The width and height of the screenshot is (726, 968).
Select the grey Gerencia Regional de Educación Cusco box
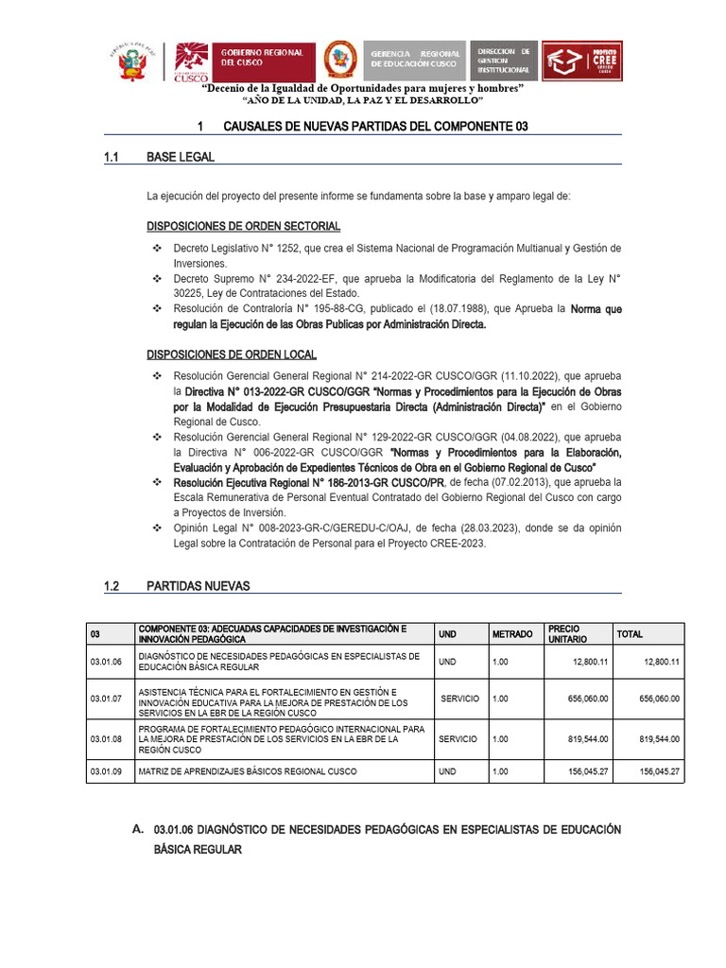point(415,59)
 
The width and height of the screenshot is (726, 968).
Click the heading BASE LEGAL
point(181,157)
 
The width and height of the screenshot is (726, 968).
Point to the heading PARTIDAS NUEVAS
point(199,586)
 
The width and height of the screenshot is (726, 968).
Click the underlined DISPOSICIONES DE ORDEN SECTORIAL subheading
point(243,227)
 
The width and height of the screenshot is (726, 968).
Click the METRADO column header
point(511,634)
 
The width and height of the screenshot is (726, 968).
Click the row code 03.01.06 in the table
point(107,662)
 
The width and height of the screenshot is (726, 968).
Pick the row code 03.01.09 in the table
point(107,772)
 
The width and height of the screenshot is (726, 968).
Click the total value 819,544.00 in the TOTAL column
point(659,739)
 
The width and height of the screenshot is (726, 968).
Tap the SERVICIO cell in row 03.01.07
point(459,699)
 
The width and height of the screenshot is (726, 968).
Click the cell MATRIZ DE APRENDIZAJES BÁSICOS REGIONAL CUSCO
point(248,772)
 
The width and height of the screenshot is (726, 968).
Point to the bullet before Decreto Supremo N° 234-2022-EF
point(158,279)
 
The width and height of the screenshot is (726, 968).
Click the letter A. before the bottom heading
point(136,829)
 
